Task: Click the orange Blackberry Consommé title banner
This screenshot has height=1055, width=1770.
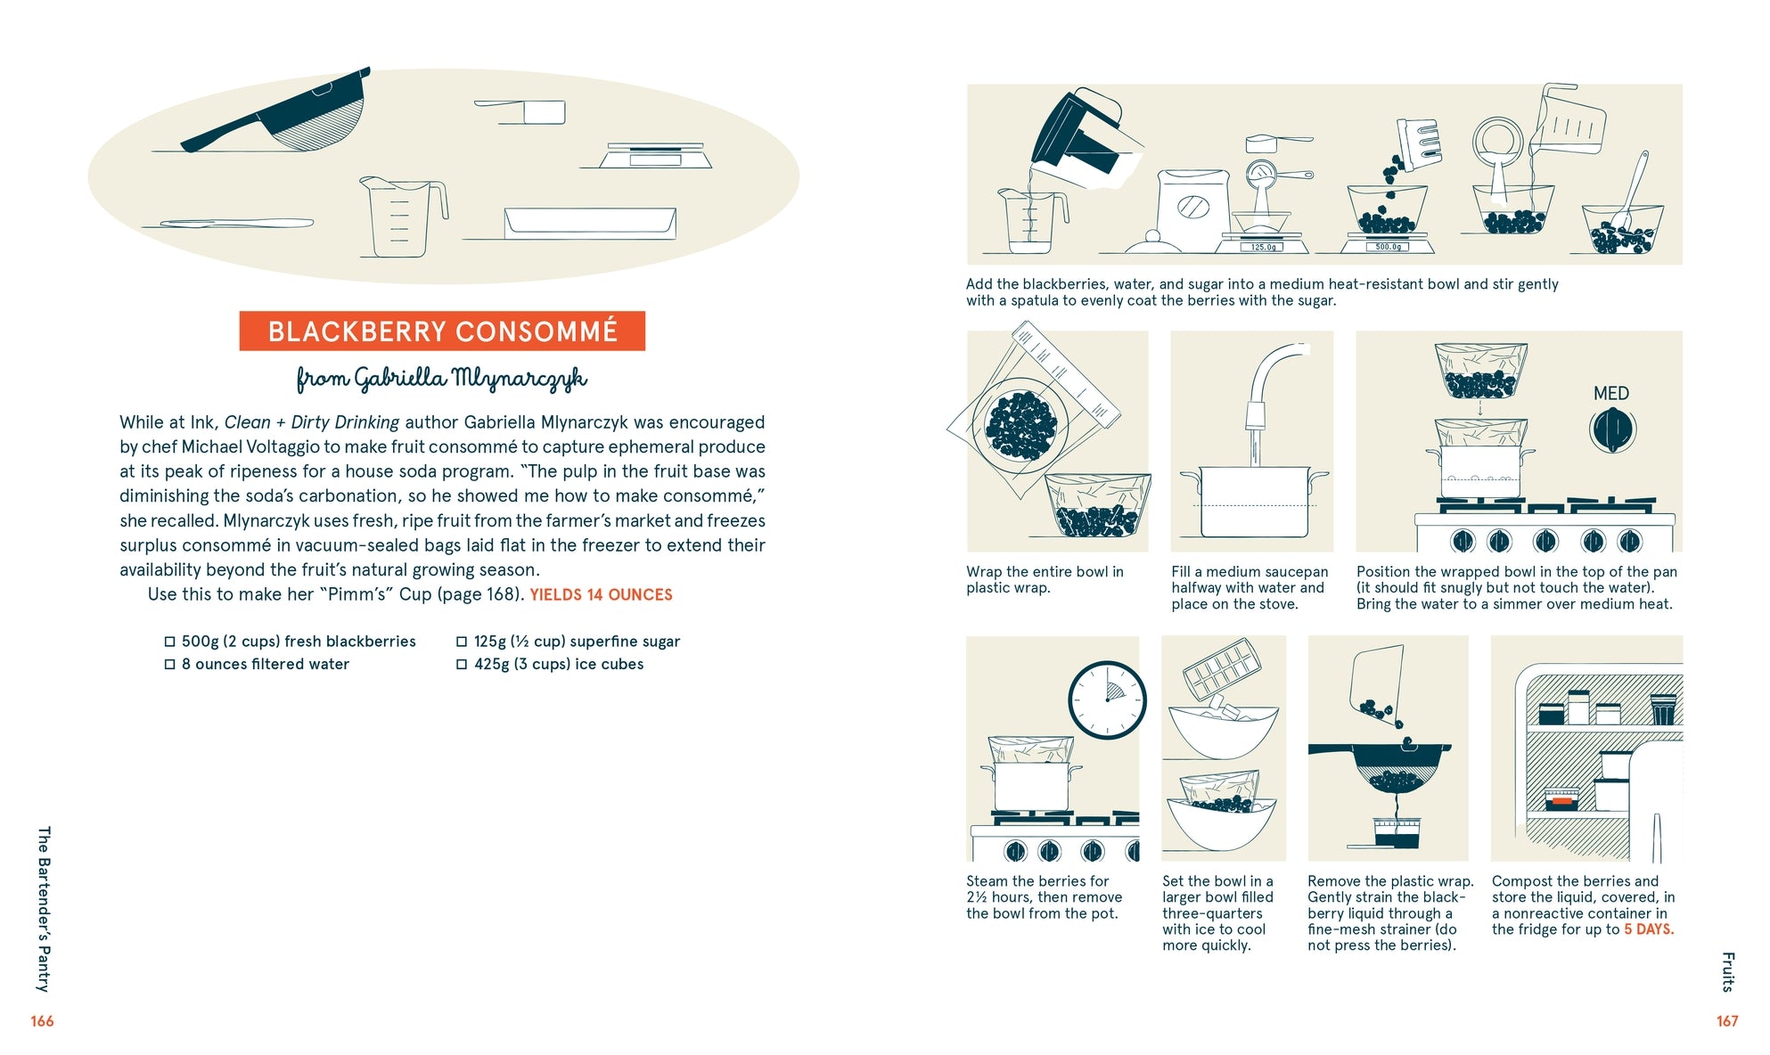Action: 442,331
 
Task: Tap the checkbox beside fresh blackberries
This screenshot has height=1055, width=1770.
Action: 169,642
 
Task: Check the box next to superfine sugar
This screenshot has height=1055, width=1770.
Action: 462,642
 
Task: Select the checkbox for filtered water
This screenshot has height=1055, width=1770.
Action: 169,665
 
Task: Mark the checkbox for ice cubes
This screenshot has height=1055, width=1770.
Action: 462,665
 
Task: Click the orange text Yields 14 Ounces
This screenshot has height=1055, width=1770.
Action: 602,595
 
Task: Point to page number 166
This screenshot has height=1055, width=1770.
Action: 42,1021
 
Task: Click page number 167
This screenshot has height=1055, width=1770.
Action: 1727,1021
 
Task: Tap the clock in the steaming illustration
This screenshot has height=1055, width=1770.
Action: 1107,699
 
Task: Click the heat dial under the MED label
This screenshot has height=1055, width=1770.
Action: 1612,429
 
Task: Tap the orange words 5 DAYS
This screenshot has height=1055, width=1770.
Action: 1649,929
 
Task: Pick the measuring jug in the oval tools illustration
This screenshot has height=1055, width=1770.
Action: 403,217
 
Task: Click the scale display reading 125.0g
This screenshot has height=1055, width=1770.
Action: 1263,247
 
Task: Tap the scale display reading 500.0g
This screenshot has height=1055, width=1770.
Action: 1388,247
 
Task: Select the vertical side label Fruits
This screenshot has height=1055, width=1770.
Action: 1728,972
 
